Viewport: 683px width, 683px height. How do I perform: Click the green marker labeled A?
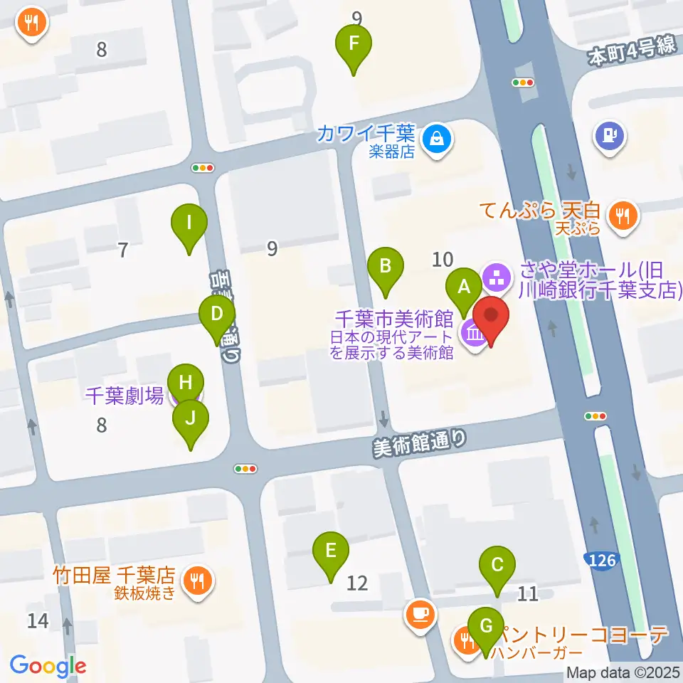[x=464, y=287]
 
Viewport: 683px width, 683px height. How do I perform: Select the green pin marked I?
[x=189, y=223]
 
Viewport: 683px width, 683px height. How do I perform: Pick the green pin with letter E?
[x=331, y=551]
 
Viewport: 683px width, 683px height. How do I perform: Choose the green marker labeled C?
[x=497, y=566]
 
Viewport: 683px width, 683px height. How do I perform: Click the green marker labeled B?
[x=386, y=267]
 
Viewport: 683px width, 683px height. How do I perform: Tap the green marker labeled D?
[x=218, y=314]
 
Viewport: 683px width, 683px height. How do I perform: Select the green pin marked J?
[x=190, y=419]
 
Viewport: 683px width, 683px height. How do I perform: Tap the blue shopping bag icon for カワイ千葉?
[x=435, y=137]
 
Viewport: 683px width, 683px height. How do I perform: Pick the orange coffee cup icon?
[x=420, y=613]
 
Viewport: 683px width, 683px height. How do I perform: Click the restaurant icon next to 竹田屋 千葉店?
[x=197, y=581]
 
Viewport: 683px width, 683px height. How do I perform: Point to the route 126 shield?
[x=602, y=561]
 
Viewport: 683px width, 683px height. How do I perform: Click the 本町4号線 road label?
[x=631, y=52]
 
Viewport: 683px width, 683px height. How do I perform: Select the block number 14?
[x=38, y=620]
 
